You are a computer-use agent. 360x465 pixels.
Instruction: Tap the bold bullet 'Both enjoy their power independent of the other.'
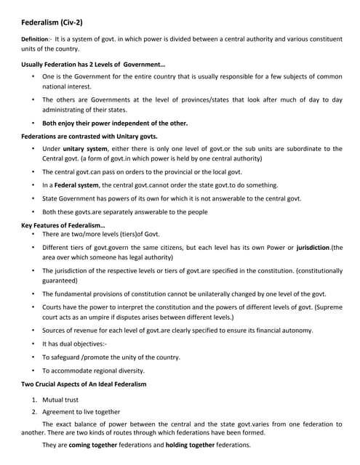click(x=114, y=123)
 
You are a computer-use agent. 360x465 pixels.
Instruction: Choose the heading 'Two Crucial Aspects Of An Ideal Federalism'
click(x=84, y=383)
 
